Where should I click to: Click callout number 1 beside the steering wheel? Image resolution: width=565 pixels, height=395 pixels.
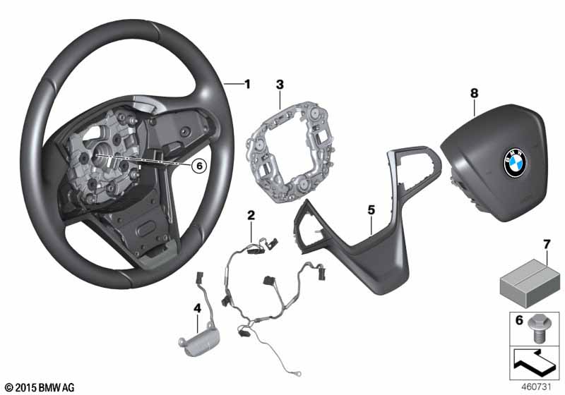(x=247, y=85)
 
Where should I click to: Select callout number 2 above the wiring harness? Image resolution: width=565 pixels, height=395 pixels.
(x=251, y=214)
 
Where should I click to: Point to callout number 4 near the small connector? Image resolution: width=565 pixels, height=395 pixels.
(x=197, y=308)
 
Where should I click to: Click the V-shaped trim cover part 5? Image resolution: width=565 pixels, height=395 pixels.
(x=353, y=240)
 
